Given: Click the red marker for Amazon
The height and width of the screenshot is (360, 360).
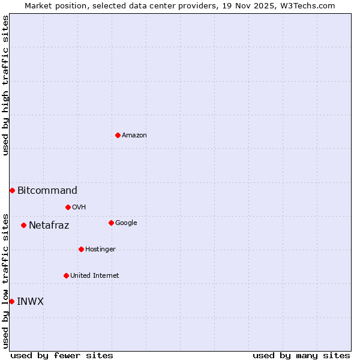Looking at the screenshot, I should click(x=118, y=135).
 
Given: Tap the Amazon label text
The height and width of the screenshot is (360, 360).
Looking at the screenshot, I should click(x=134, y=136).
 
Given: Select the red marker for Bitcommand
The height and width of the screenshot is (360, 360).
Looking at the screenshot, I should click(x=12, y=190).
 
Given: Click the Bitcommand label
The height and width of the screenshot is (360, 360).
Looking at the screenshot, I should click(x=47, y=191).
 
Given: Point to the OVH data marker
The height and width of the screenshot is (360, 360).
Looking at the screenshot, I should click(x=68, y=207).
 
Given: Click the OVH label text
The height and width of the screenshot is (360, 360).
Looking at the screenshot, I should click(x=79, y=208).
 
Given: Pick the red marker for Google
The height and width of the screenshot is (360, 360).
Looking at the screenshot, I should click(x=111, y=223).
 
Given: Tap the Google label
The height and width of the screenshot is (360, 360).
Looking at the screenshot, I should click(x=126, y=223).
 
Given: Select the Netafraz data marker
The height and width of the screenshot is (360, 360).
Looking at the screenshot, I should click(x=23, y=225).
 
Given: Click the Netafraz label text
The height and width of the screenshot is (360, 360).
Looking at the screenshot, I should click(x=49, y=226).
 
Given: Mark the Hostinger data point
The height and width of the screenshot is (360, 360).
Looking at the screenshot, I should click(x=81, y=249).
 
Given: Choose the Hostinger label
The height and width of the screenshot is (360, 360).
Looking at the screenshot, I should click(x=100, y=250).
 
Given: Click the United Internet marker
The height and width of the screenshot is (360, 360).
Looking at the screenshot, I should click(x=66, y=275).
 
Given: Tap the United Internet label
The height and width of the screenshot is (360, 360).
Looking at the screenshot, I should click(x=95, y=276).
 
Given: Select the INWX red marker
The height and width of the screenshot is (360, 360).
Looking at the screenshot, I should click(x=11, y=301).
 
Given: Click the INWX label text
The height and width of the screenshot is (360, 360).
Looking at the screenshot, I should click(x=31, y=302).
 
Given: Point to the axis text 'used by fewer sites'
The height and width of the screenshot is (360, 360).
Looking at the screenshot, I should click(x=62, y=355).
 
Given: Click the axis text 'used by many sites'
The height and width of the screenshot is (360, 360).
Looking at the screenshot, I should click(x=301, y=355).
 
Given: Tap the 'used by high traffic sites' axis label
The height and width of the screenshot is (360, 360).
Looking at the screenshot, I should click(x=5, y=85).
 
